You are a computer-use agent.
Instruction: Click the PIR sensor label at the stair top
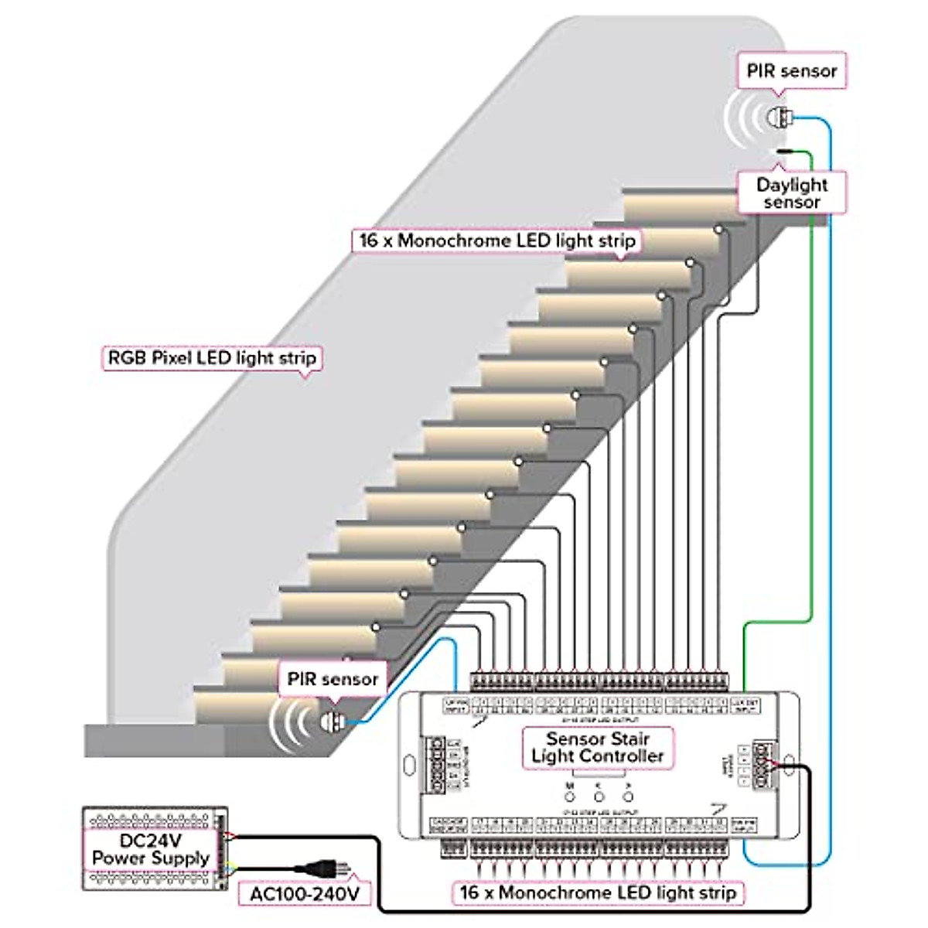pos(791,71)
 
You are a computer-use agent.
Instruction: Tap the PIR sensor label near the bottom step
pos(333,679)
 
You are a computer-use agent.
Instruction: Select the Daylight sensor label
pos(791,193)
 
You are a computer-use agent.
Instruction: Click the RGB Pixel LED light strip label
pos(211,358)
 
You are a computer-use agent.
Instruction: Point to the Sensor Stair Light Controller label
pos(597,747)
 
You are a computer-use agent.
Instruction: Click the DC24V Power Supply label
pos(151,849)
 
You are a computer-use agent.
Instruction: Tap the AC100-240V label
pos(305,894)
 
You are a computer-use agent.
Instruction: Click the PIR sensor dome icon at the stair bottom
pos(330,722)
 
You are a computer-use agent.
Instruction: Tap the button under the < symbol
pos(598,797)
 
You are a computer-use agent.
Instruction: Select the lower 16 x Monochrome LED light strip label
pos(598,892)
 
